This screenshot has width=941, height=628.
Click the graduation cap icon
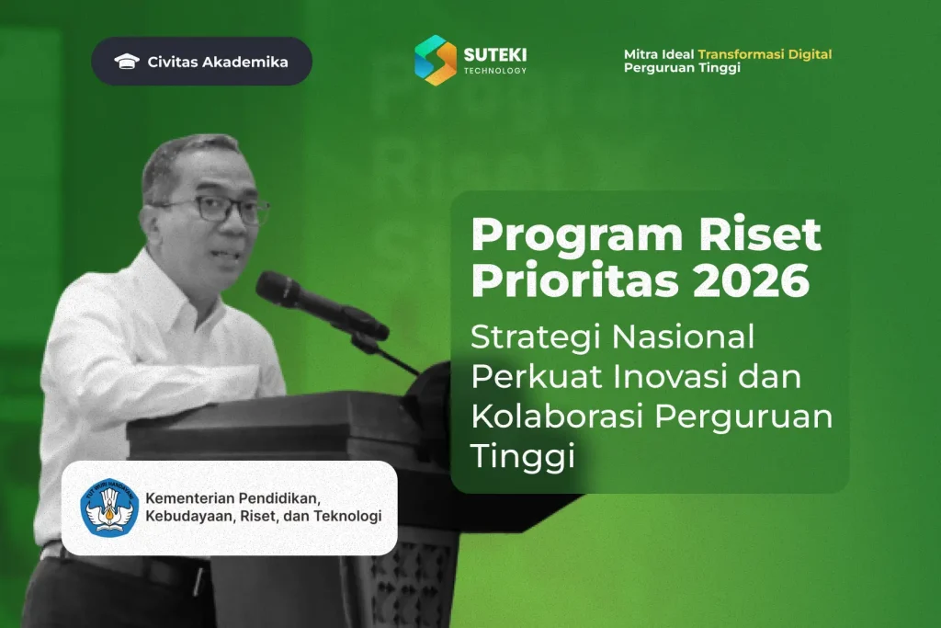(127, 62)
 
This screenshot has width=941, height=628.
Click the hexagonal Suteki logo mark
(436, 60)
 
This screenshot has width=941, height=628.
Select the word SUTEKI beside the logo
(495, 55)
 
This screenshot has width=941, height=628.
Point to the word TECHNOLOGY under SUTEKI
(495, 71)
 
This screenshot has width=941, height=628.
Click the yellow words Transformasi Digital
(765, 54)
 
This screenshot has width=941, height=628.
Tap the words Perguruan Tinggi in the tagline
(682, 68)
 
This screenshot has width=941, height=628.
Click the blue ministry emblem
(109, 508)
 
